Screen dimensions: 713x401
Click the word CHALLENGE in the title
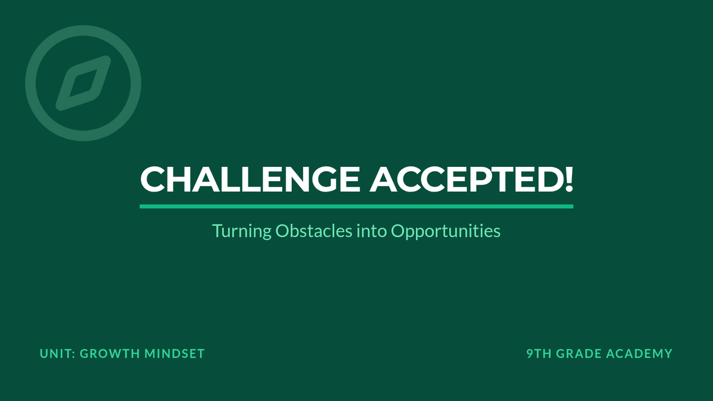[250, 179]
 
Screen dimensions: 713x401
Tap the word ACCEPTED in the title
[465, 179]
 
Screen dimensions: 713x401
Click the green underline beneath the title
[356, 207]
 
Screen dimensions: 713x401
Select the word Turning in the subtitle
[242, 231]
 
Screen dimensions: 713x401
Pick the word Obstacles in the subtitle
[314, 231]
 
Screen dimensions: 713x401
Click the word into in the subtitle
[371, 231]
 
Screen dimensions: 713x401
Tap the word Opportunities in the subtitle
[446, 231]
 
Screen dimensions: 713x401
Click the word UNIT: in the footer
[58, 353]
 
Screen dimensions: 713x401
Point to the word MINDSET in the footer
[175, 353]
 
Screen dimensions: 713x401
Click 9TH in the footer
[539, 353]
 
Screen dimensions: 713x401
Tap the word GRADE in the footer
[579, 353]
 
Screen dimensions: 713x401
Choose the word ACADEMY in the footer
[639, 353]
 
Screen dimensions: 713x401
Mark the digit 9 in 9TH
[530, 353]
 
